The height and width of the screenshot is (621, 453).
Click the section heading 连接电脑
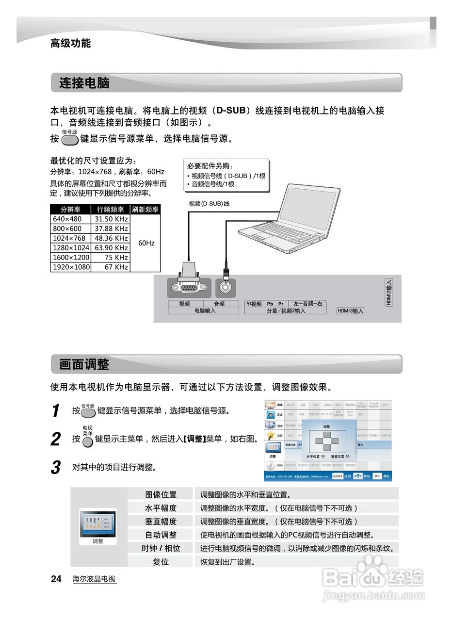pos(84,83)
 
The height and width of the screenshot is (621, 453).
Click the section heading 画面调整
pos(84,364)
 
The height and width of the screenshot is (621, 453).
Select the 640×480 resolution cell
pos(70,219)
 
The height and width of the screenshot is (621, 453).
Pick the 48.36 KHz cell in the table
pos(111,238)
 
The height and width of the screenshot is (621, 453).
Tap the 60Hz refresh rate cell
pos(146,243)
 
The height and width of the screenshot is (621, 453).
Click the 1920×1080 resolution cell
pos(70,267)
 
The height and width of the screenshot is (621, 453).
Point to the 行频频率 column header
pos(111,210)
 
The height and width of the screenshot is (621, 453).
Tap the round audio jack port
pos(226,287)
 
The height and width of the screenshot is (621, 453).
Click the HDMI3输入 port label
pos(351,311)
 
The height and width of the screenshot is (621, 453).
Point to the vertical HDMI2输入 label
pos(388,293)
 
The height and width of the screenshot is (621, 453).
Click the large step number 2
pos(56,440)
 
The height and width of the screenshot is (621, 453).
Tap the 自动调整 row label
pos(161,535)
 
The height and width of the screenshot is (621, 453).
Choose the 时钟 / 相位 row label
pos(161,548)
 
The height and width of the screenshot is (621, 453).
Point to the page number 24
pos(56,579)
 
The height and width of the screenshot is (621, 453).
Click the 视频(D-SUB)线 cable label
pos(209,204)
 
